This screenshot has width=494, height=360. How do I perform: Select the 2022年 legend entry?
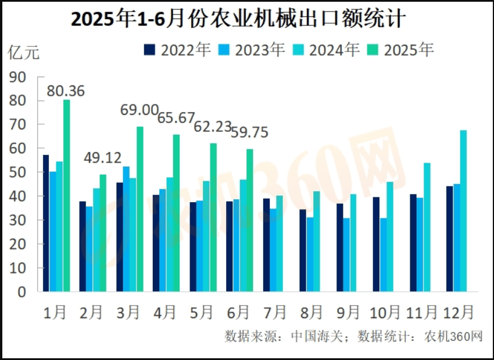click(x=177, y=50)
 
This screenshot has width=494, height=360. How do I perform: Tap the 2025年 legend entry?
click(x=400, y=50)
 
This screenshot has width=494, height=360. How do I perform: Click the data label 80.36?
click(x=66, y=91)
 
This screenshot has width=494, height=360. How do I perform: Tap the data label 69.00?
click(x=139, y=110)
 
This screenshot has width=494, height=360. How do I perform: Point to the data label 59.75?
click(x=249, y=132)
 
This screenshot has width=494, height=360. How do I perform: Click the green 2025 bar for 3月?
click(x=139, y=209)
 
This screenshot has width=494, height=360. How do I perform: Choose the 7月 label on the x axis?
click(x=274, y=312)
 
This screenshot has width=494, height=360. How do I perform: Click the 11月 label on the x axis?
click(x=420, y=312)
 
